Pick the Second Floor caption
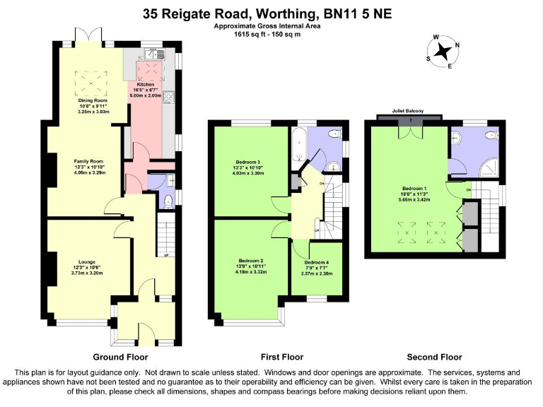coord(434,357)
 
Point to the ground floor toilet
coord(167,201)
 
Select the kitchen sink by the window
coord(154,54)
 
